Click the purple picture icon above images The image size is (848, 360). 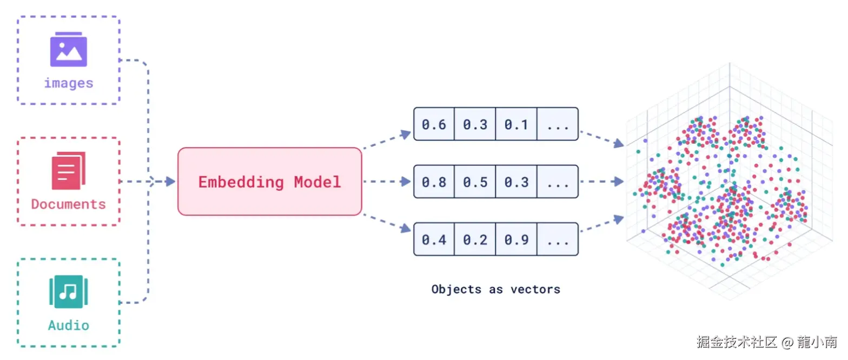69,49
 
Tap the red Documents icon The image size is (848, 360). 69,171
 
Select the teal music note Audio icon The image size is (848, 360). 69,291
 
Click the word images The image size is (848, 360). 69,83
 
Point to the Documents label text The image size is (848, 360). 69,204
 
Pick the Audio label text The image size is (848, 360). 69,325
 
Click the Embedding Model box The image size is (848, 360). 269,182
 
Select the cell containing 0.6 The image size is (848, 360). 434,124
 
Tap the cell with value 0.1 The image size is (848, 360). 516,124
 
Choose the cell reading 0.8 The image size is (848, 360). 434,182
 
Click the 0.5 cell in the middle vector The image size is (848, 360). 475,182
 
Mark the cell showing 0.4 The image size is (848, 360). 434,239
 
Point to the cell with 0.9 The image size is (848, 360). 516,239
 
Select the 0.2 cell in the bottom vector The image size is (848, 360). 475,239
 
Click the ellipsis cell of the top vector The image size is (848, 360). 558,124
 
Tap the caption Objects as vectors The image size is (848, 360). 495,289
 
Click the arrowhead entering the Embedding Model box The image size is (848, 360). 170,182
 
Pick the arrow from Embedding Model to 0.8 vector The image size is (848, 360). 387,182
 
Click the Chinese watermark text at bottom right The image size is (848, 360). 767,342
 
